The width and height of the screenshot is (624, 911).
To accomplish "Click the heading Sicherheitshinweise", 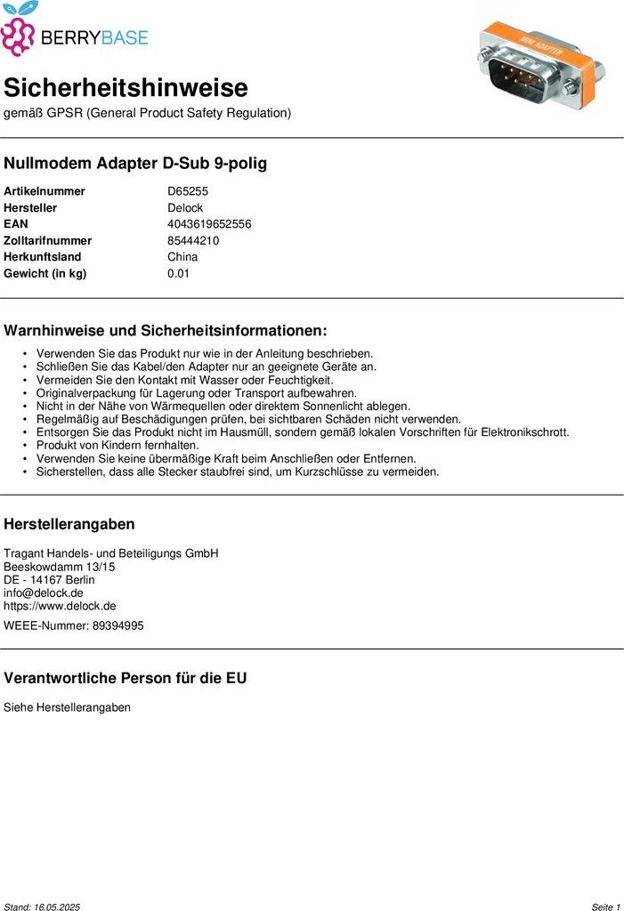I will pos(126,88).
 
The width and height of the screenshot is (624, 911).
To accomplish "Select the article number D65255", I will pos(188,191).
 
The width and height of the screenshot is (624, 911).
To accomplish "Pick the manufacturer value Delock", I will pos(185,208).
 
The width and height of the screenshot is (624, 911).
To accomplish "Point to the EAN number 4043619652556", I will pos(209,224).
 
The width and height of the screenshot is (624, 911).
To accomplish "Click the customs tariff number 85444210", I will pos(193,241).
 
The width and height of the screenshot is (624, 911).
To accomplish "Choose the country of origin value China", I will pos(182,257).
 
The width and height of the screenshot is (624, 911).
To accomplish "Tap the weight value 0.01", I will pos(179,274).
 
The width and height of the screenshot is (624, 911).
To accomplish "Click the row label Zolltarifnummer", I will pos(47,241).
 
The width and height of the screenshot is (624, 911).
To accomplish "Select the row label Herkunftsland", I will pos(43,257).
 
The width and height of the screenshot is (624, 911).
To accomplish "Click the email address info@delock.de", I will pos(44,593).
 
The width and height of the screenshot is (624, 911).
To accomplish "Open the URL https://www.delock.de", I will pos(60,606).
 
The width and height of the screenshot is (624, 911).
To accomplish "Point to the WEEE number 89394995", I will pos(118,625).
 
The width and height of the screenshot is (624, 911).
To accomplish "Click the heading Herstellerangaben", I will pos(69,524).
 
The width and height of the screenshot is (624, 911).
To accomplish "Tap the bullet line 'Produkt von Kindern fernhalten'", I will pos(118,445).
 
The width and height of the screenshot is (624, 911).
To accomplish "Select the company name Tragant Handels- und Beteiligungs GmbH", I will pos(111,553).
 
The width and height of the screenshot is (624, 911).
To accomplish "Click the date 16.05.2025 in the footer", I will pos(57,907).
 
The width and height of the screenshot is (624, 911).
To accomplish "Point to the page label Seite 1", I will pos(605,907).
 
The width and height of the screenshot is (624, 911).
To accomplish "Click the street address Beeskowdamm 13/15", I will pos(60,567).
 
